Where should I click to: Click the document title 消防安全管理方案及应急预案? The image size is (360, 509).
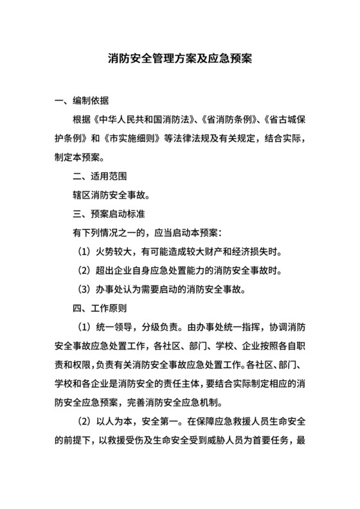[179, 58]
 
